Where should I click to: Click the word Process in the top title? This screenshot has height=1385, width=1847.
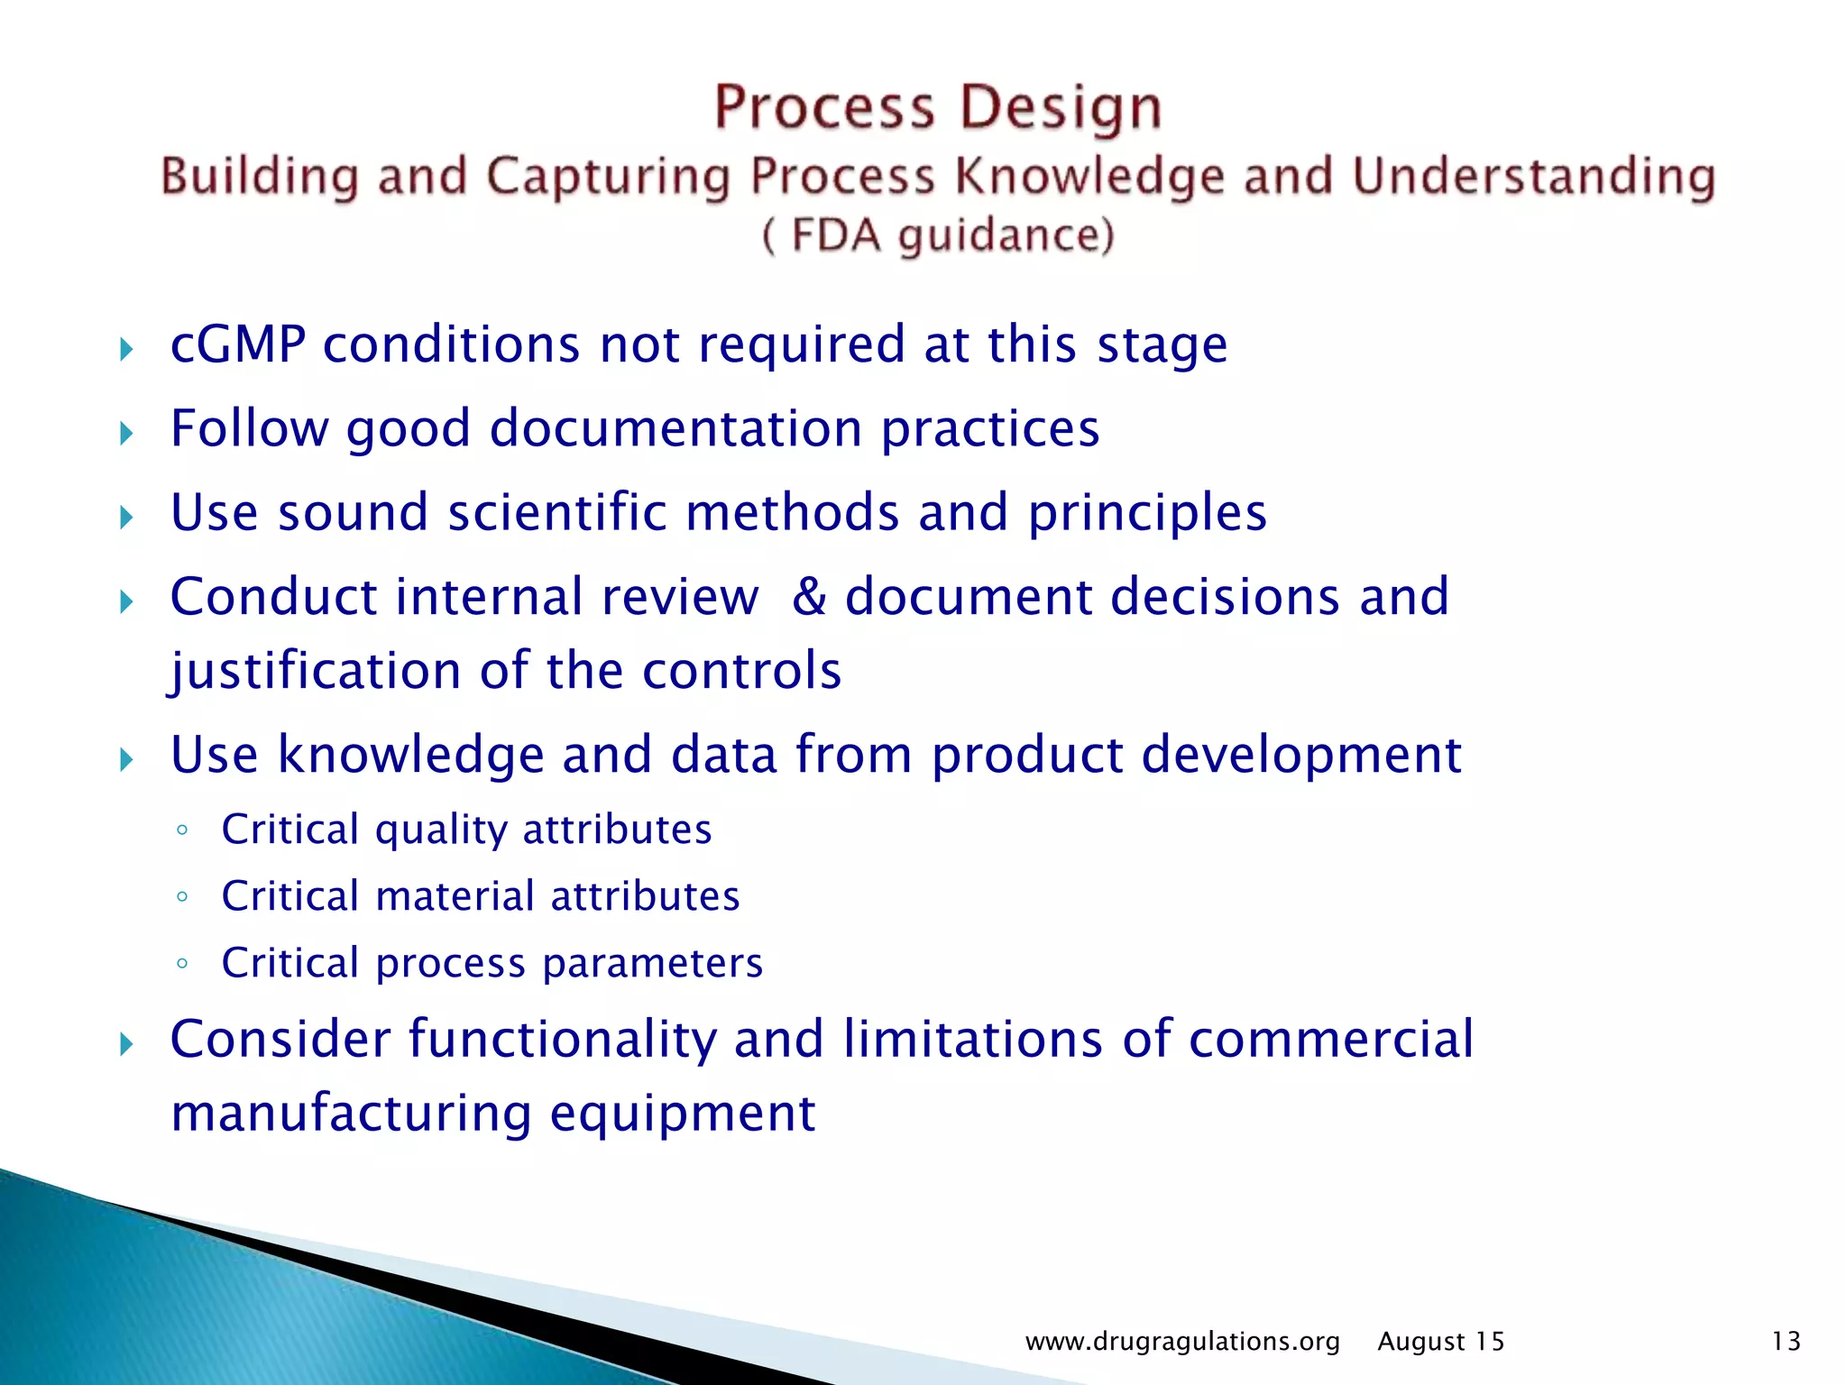click(824, 107)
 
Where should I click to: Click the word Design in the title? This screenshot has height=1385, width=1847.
click(1061, 107)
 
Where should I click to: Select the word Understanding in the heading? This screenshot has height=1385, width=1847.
click(1533, 176)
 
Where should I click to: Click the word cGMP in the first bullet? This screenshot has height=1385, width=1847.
click(238, 344)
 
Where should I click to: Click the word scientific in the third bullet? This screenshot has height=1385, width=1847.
click(556, 512)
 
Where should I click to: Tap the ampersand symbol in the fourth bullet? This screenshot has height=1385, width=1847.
click(809, 597)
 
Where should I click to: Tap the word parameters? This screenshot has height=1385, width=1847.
click(653, 963)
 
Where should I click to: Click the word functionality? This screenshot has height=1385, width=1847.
click(561, 1039)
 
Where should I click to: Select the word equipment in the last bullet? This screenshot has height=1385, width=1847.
click(683, 1114)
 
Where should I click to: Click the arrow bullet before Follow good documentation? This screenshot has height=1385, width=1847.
click(126, 434)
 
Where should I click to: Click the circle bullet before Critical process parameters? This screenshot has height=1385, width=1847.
click(182, 963)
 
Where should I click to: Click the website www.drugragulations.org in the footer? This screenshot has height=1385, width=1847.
click(1182, 1342)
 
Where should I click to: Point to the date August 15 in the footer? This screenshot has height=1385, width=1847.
click(1441, 1342)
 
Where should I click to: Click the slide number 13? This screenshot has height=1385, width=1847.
click(1786, 1342)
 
